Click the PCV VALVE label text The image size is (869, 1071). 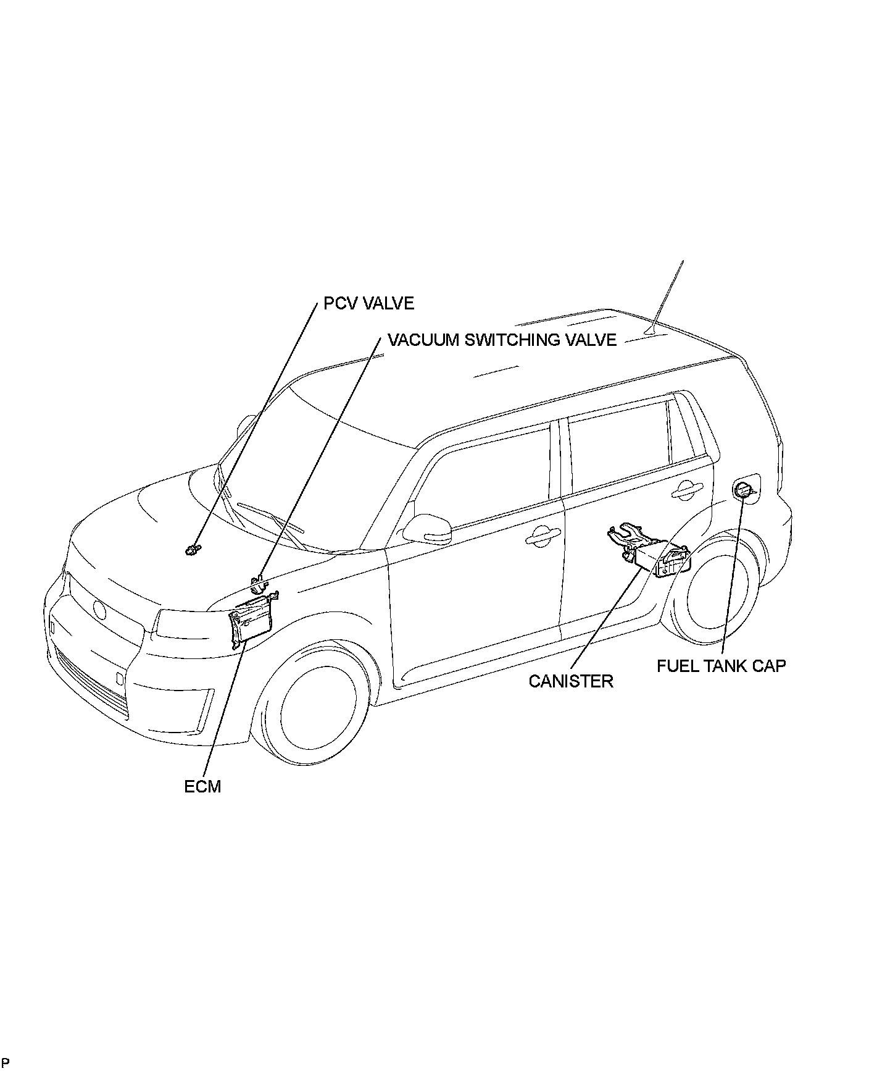coord(368,303)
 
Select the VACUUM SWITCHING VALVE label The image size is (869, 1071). coord(502,340)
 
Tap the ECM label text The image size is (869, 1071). coord(202,786)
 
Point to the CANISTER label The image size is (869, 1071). coord(571,681)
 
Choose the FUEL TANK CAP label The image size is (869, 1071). coord(721,666)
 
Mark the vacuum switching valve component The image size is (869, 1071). coord(259,582)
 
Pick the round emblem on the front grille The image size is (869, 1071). coord(99,610)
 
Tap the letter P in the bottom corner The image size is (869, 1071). coord(6,1062)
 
